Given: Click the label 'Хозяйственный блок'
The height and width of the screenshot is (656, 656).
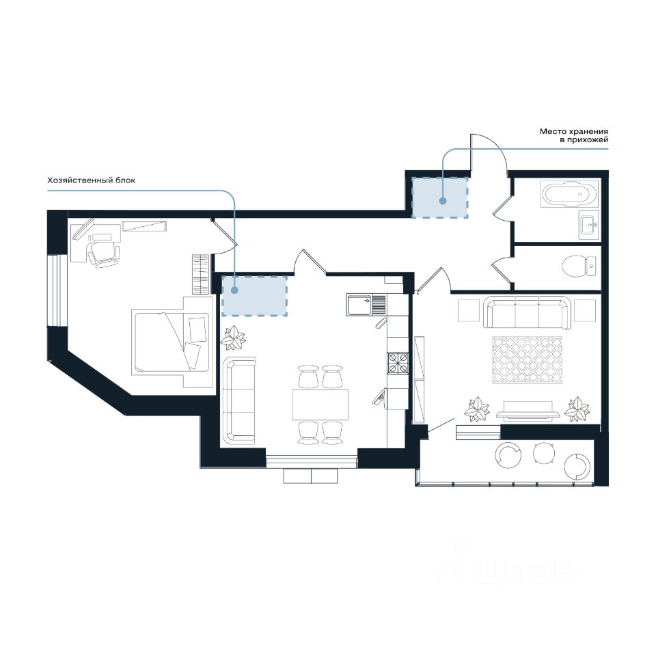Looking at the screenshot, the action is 91,180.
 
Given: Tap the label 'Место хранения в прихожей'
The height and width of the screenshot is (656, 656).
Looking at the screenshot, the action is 573,135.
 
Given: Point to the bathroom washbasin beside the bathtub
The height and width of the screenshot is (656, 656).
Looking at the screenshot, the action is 590,225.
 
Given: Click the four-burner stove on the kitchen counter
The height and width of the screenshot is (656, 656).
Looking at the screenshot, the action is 398,362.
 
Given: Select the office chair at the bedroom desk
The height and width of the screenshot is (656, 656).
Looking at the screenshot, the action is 102,254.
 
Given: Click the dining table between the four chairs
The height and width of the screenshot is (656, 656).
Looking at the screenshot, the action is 320,404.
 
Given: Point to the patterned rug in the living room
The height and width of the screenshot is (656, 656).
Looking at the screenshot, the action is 527,360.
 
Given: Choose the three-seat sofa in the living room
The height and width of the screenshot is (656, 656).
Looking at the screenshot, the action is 527,312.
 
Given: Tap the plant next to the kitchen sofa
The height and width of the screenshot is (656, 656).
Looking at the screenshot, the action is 233,338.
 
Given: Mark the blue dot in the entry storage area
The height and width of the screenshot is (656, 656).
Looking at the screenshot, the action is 443,201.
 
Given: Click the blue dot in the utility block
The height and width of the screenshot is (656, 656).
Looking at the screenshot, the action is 234,290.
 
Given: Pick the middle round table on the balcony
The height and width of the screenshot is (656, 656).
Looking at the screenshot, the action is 545,453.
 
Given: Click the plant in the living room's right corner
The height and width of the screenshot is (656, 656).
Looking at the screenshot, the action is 577,409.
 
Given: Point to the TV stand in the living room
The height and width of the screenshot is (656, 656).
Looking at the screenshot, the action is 528,414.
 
